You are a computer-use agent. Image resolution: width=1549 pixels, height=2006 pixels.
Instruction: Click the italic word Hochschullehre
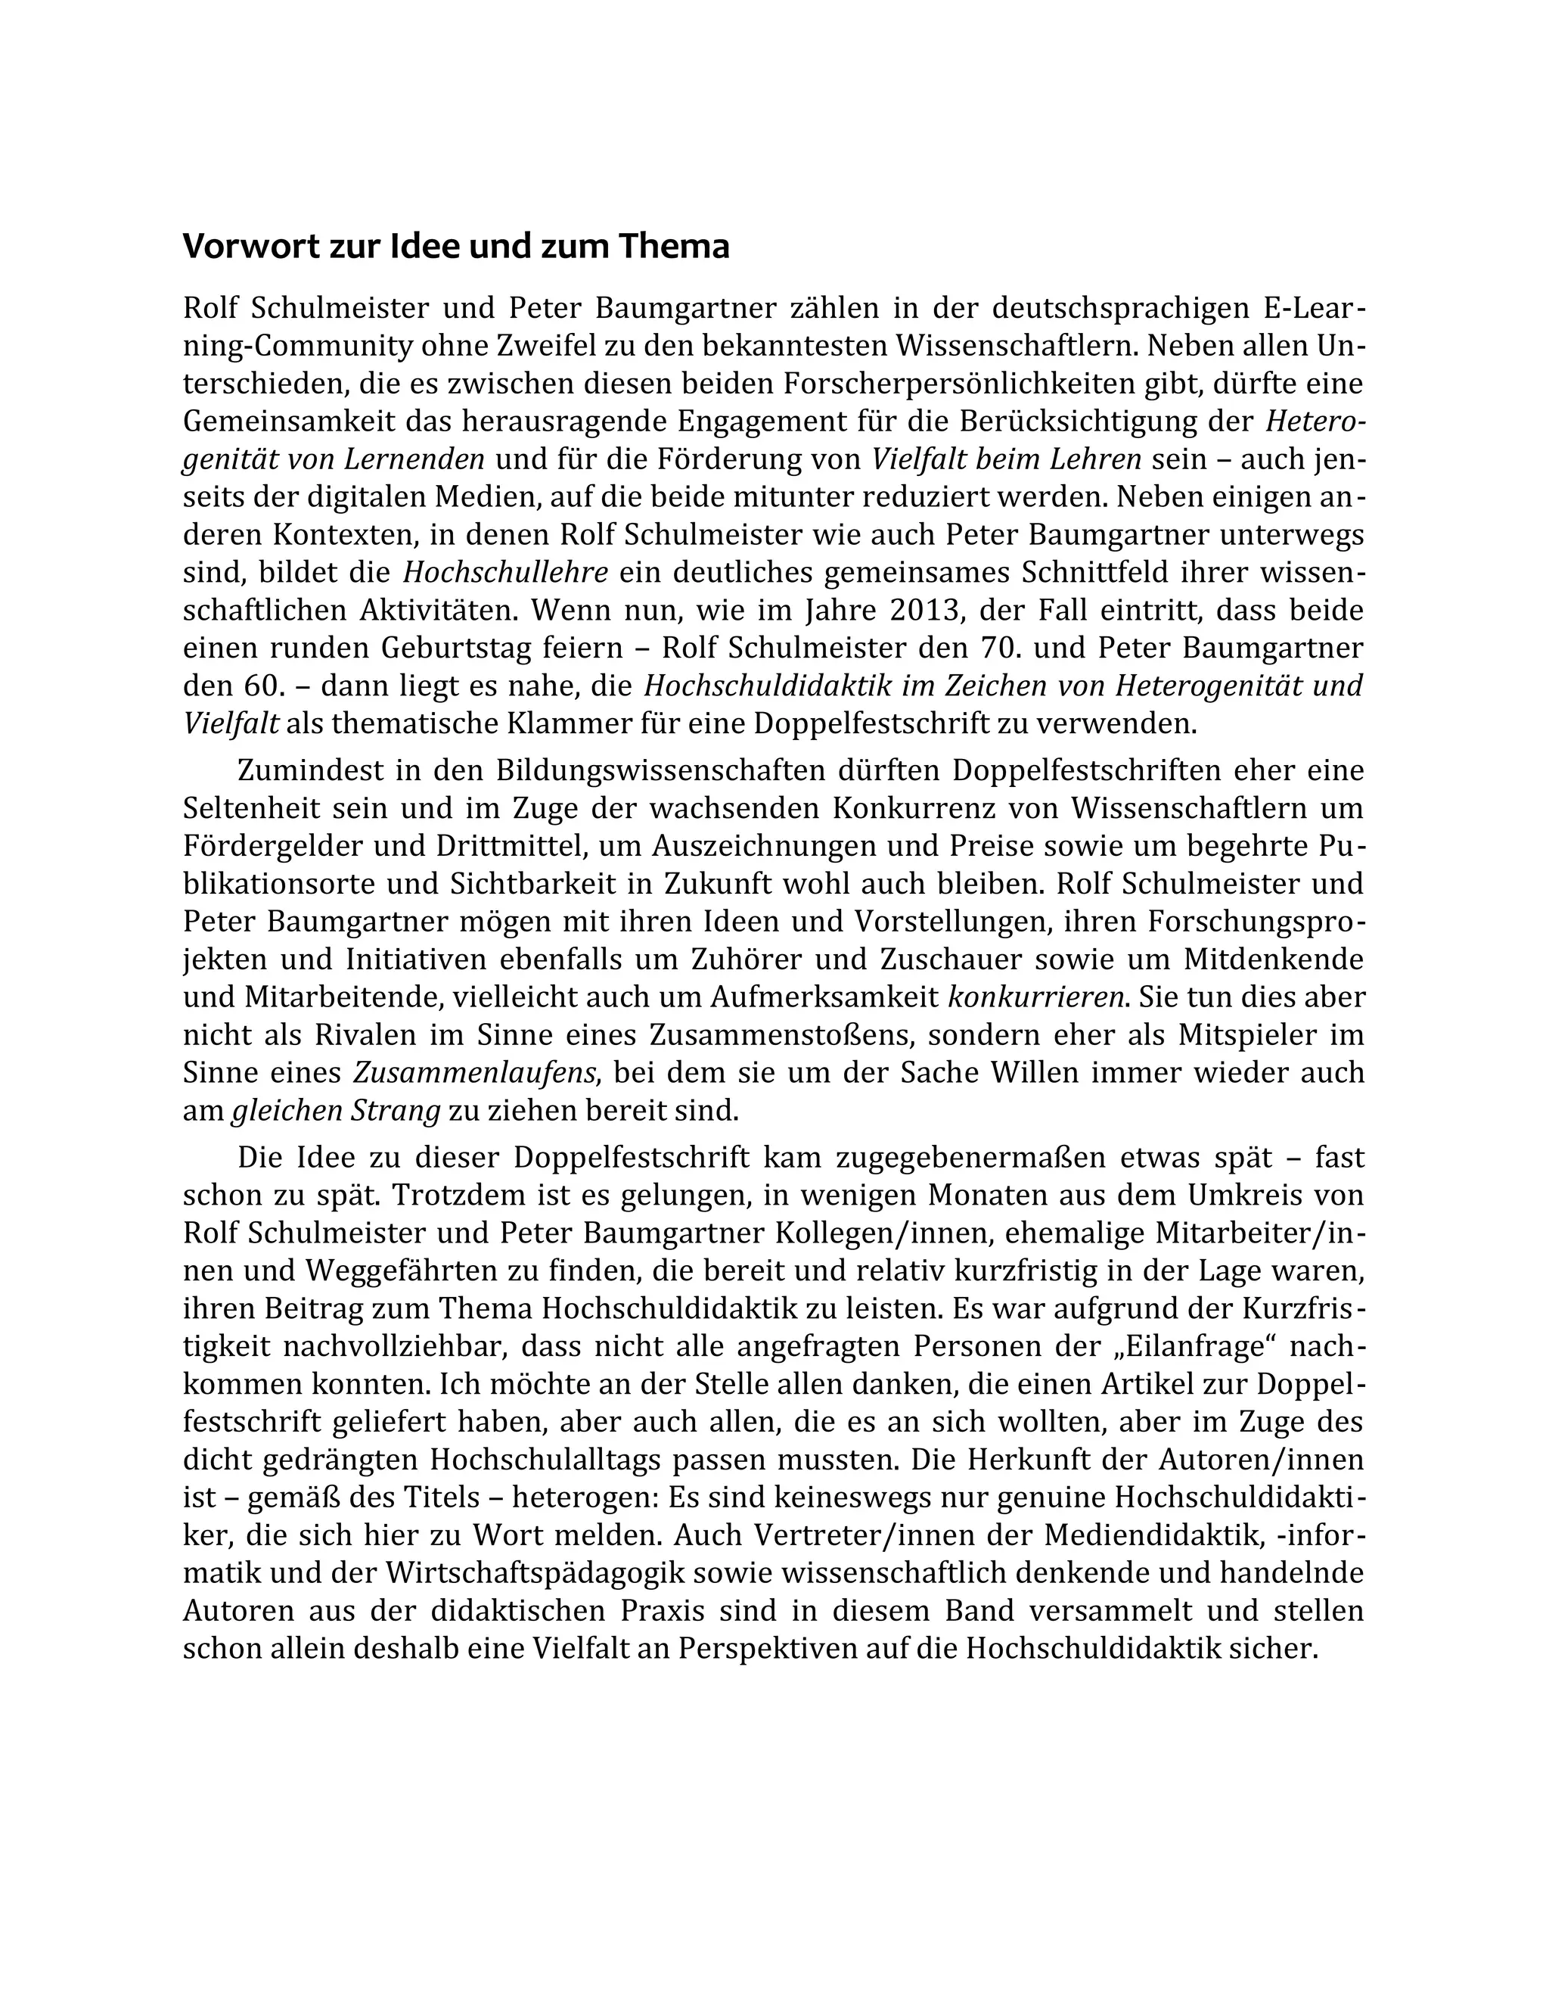click(x=506, y=573)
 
